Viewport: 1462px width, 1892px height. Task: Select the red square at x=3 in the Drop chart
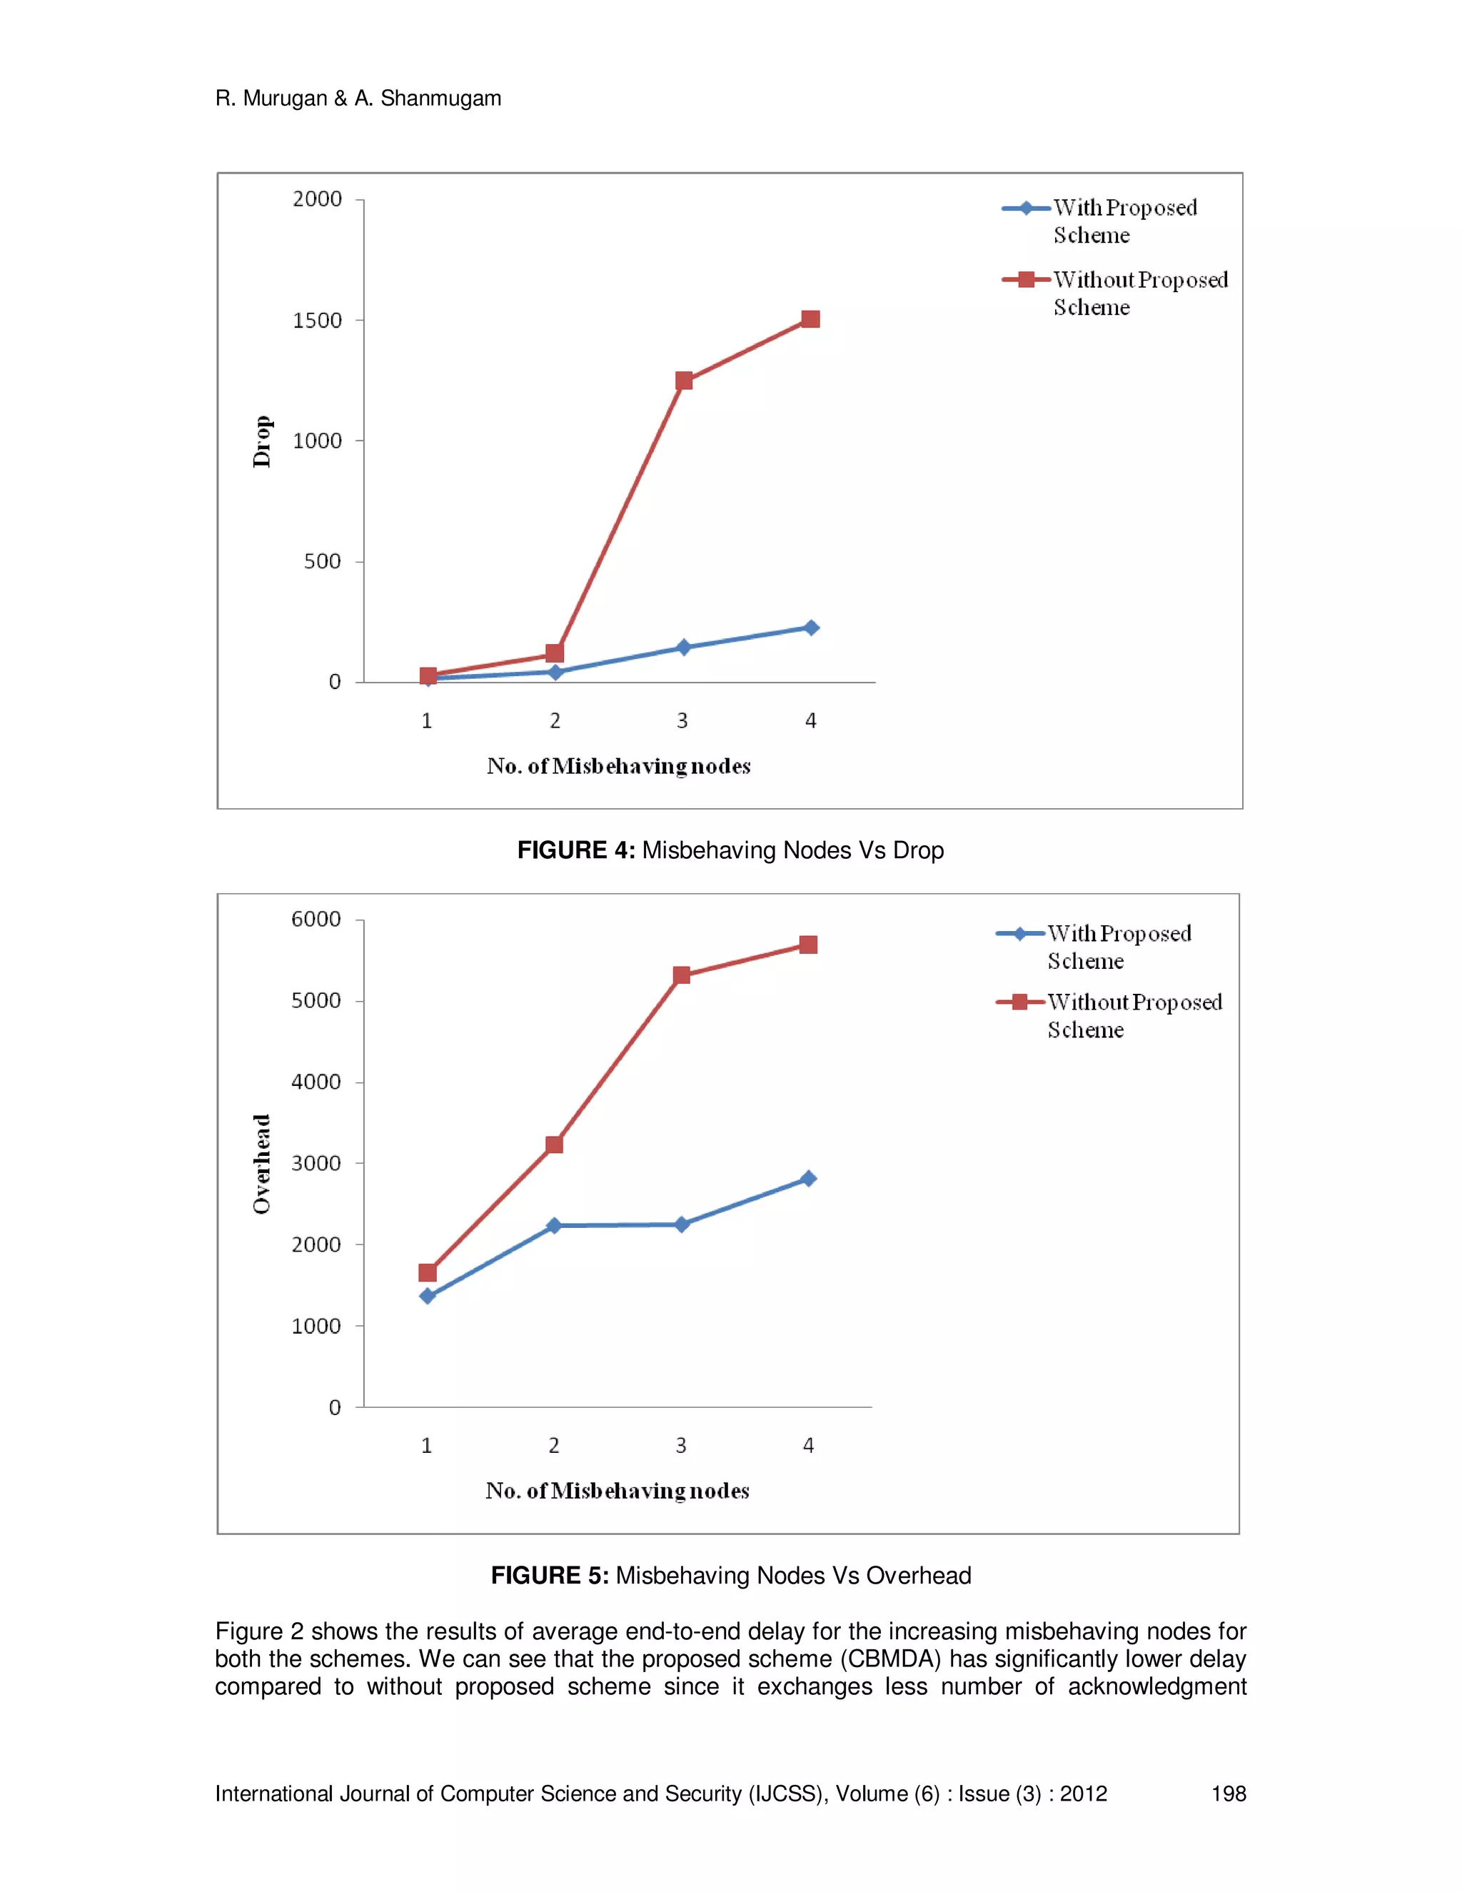(x=683, y=381)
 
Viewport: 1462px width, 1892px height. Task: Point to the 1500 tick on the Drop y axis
(x=317, y=321)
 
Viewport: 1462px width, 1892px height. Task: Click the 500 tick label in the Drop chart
(x=322, y=561)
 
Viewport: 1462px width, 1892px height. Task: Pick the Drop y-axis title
(x=261, y=442)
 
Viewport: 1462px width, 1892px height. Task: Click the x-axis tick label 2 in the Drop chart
(x=555, y=721)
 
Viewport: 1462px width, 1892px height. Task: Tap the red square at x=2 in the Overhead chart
(x=554, y=1144)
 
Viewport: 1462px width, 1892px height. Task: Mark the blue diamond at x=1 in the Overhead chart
(x=427, y=1296)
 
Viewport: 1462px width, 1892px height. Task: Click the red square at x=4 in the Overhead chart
(x=808, y=945)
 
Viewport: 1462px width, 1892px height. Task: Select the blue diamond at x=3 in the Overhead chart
(x=682, y=1224)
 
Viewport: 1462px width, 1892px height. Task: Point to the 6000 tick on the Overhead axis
(x=316, y=919)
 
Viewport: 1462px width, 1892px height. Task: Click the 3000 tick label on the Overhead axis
(x=316, y=1164)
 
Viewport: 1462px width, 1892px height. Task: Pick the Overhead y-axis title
(x=261, y=1164)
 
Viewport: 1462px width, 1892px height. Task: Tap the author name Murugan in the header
(x=284, y=99)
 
